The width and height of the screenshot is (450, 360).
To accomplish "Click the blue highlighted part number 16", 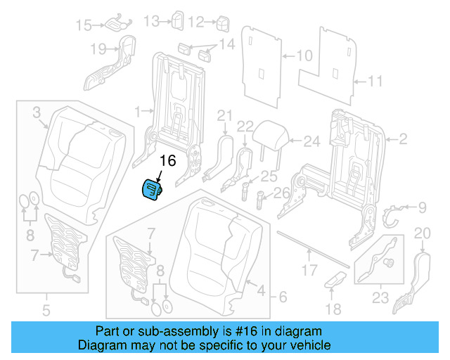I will (150, 190).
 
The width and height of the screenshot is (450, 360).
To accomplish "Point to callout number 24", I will (311, 141).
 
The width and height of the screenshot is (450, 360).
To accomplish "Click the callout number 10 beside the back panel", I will (304, 55).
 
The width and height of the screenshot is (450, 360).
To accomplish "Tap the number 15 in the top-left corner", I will (84, 25).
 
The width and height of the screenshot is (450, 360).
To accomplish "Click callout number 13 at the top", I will (151, 22).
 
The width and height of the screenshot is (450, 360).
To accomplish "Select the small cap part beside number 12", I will (224, 23).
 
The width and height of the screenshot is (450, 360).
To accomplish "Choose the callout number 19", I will (98, 49).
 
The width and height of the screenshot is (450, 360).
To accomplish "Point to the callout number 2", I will (402, 139).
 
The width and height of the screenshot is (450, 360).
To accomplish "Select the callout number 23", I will (380, 297).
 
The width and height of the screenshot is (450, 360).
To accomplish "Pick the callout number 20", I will (421, 233).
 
